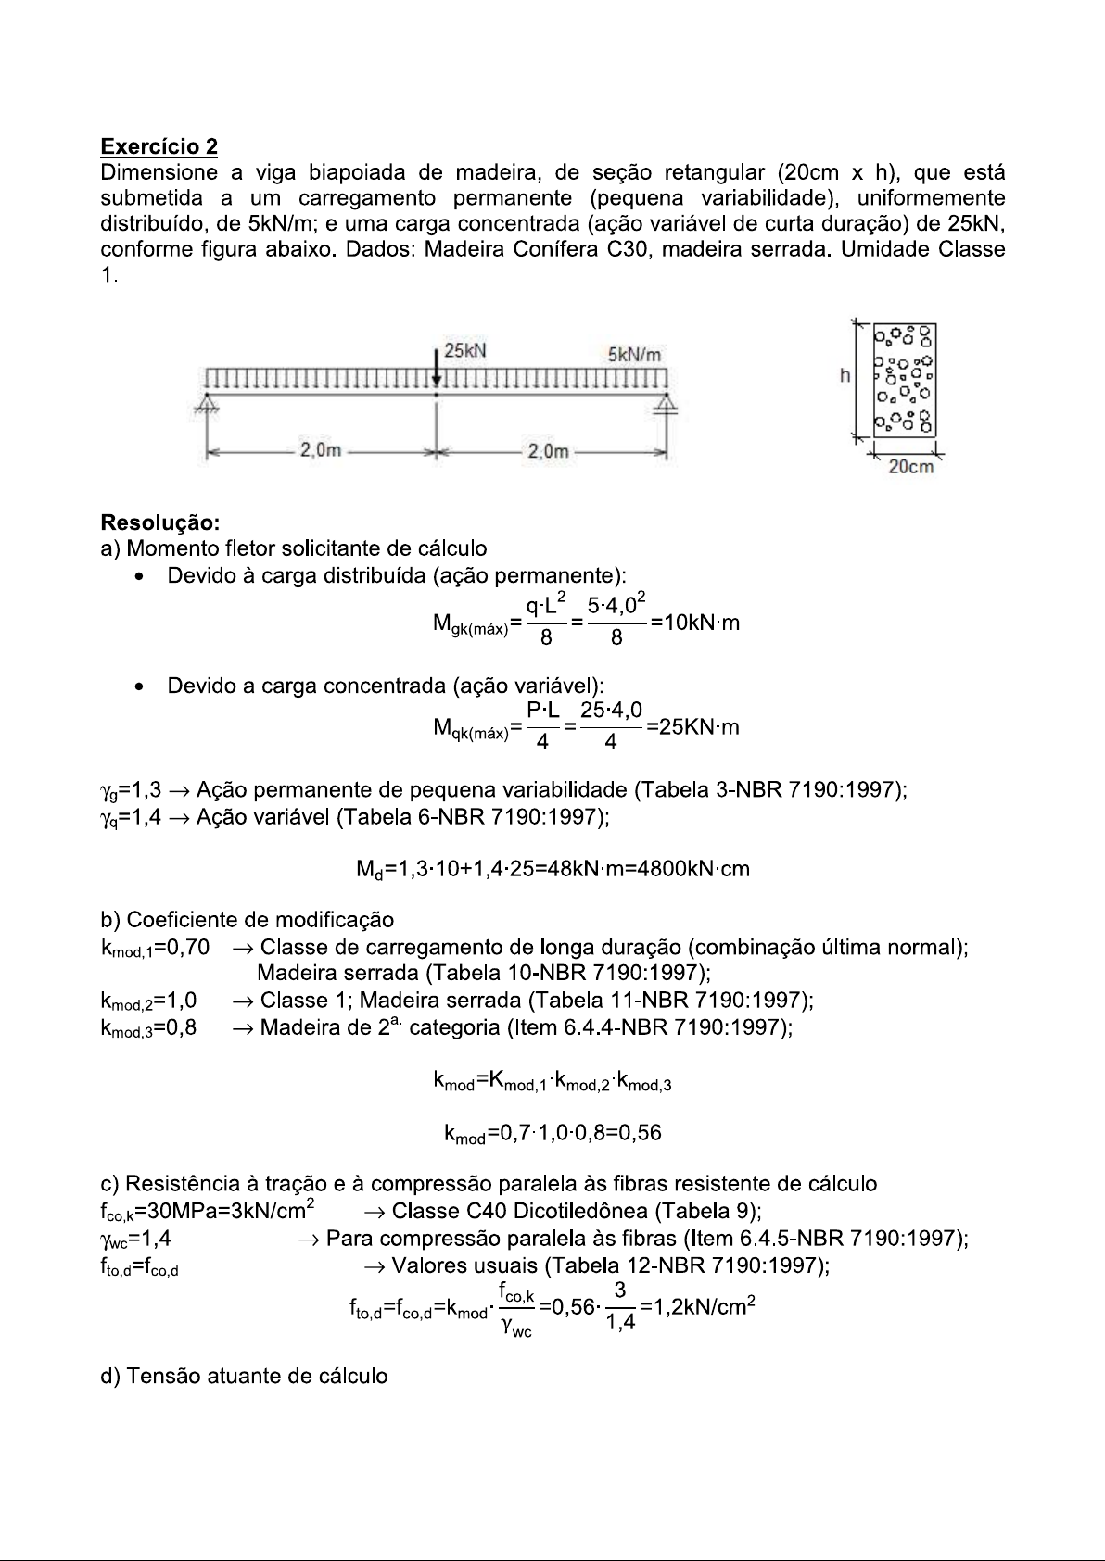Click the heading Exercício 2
tap(159, 146)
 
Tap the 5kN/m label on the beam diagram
tap(634, 355)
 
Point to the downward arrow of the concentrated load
tap(437, 367)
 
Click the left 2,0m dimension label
tap(320, 451)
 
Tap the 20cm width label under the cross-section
tap(910, 467)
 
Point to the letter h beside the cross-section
tap(845, 376)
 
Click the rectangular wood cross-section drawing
tap(905, 380)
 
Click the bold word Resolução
tap(159, 522)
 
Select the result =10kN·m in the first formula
tap(695, 623)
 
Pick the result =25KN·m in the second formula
tap(693, 727)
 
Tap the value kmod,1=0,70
tap(155, 948)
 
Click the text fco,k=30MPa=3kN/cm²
tap(210, 1211)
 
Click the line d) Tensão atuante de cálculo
tap(244, 1376)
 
